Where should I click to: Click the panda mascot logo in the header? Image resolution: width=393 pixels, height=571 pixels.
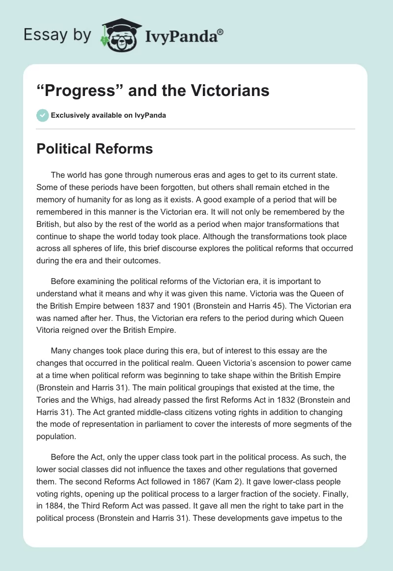pos(117,35)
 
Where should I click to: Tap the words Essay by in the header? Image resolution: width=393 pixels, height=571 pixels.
pos(57,35)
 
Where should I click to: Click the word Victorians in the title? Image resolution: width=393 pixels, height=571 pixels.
pos(230,91)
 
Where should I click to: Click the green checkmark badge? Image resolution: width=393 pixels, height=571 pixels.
pos(43,115)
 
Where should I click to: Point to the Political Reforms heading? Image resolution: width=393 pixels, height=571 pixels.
pos(95,148)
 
